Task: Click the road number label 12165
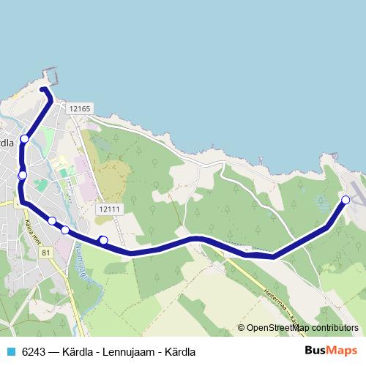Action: pos(79,108)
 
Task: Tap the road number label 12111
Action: pos(107,209)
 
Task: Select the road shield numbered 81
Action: pos(47,253)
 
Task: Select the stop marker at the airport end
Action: pos(346,200)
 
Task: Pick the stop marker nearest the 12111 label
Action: pos(103,240)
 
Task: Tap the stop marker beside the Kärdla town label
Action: pos(25,139)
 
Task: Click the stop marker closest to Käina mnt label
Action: pos(52,220)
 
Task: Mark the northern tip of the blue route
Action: pos(44,90)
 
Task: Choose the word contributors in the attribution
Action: pos(335,328)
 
